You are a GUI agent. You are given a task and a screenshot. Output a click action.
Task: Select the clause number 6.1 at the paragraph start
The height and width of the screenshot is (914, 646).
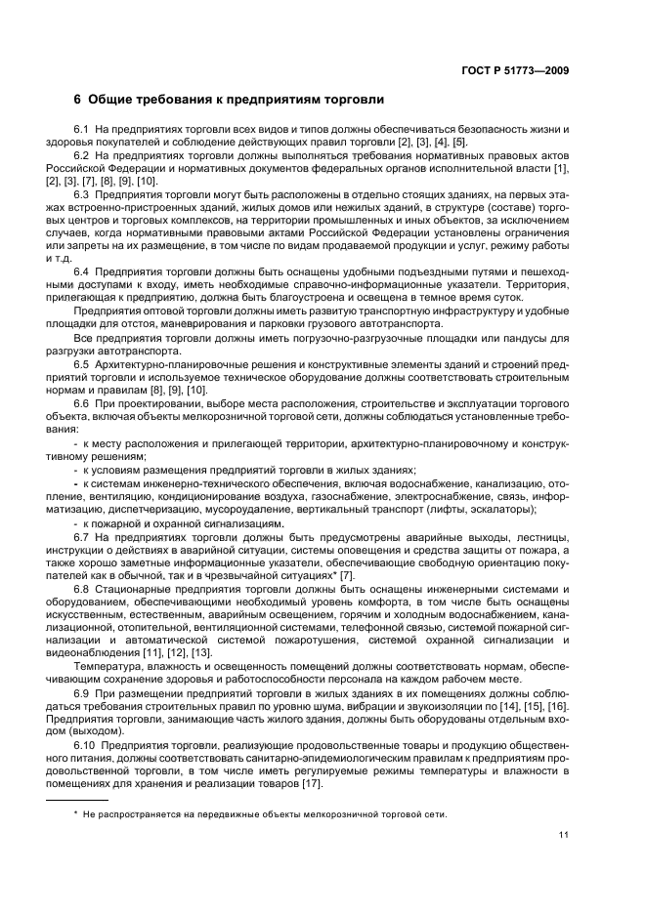(x=82, y=130)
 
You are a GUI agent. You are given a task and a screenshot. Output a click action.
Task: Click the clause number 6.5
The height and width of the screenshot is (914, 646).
(x=82, y=363)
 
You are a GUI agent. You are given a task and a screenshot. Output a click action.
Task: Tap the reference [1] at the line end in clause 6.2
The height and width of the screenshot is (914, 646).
(x=563, y=169)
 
